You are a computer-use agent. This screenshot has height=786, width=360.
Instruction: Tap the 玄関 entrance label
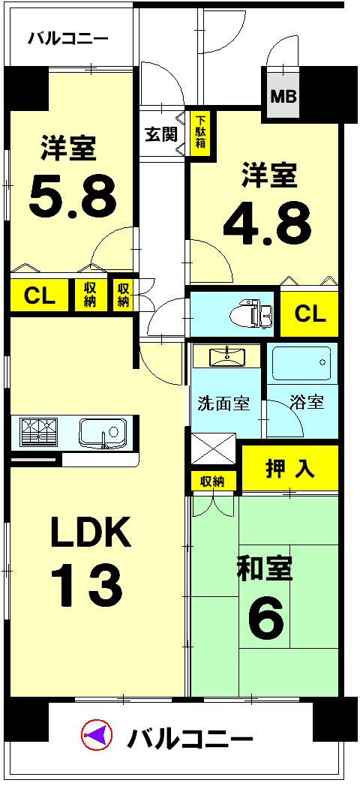tap(160, 136)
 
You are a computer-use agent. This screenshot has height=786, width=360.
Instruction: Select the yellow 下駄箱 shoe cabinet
tap(199, 136)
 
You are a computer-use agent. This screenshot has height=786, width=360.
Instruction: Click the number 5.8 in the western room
tap(73, 196)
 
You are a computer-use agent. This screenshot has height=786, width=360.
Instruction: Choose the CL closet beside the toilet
tap(309, 313)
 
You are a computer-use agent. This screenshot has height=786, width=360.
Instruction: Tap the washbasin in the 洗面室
tap(227, 357)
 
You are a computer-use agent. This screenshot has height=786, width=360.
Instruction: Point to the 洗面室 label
tap(223, 402)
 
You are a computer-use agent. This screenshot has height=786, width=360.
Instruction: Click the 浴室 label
tap(308, 402)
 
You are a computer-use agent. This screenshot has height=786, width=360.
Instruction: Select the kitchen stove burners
tap(40, 433)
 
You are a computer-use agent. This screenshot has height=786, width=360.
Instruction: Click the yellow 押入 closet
tap(289, 469)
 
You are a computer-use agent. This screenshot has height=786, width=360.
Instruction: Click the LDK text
tap(90, 532)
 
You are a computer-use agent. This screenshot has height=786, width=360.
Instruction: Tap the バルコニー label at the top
tap(68, 39)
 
